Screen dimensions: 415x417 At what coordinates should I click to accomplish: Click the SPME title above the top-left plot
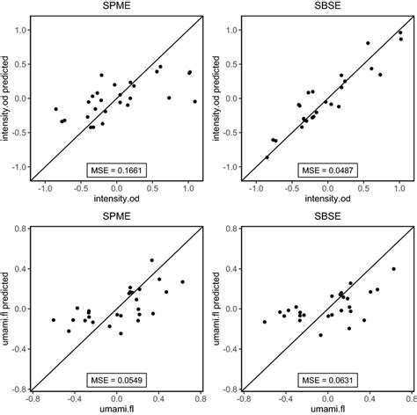point(114,7)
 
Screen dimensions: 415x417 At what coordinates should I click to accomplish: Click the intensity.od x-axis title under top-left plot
point(114,200)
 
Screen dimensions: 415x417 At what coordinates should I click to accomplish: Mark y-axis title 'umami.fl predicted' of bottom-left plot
point(8,308)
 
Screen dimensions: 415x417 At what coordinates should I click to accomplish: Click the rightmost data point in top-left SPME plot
point(195,102)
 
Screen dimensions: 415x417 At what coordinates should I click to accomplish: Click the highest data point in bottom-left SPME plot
point(151,260)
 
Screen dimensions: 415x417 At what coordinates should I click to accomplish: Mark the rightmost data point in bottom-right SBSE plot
point(393,269)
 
